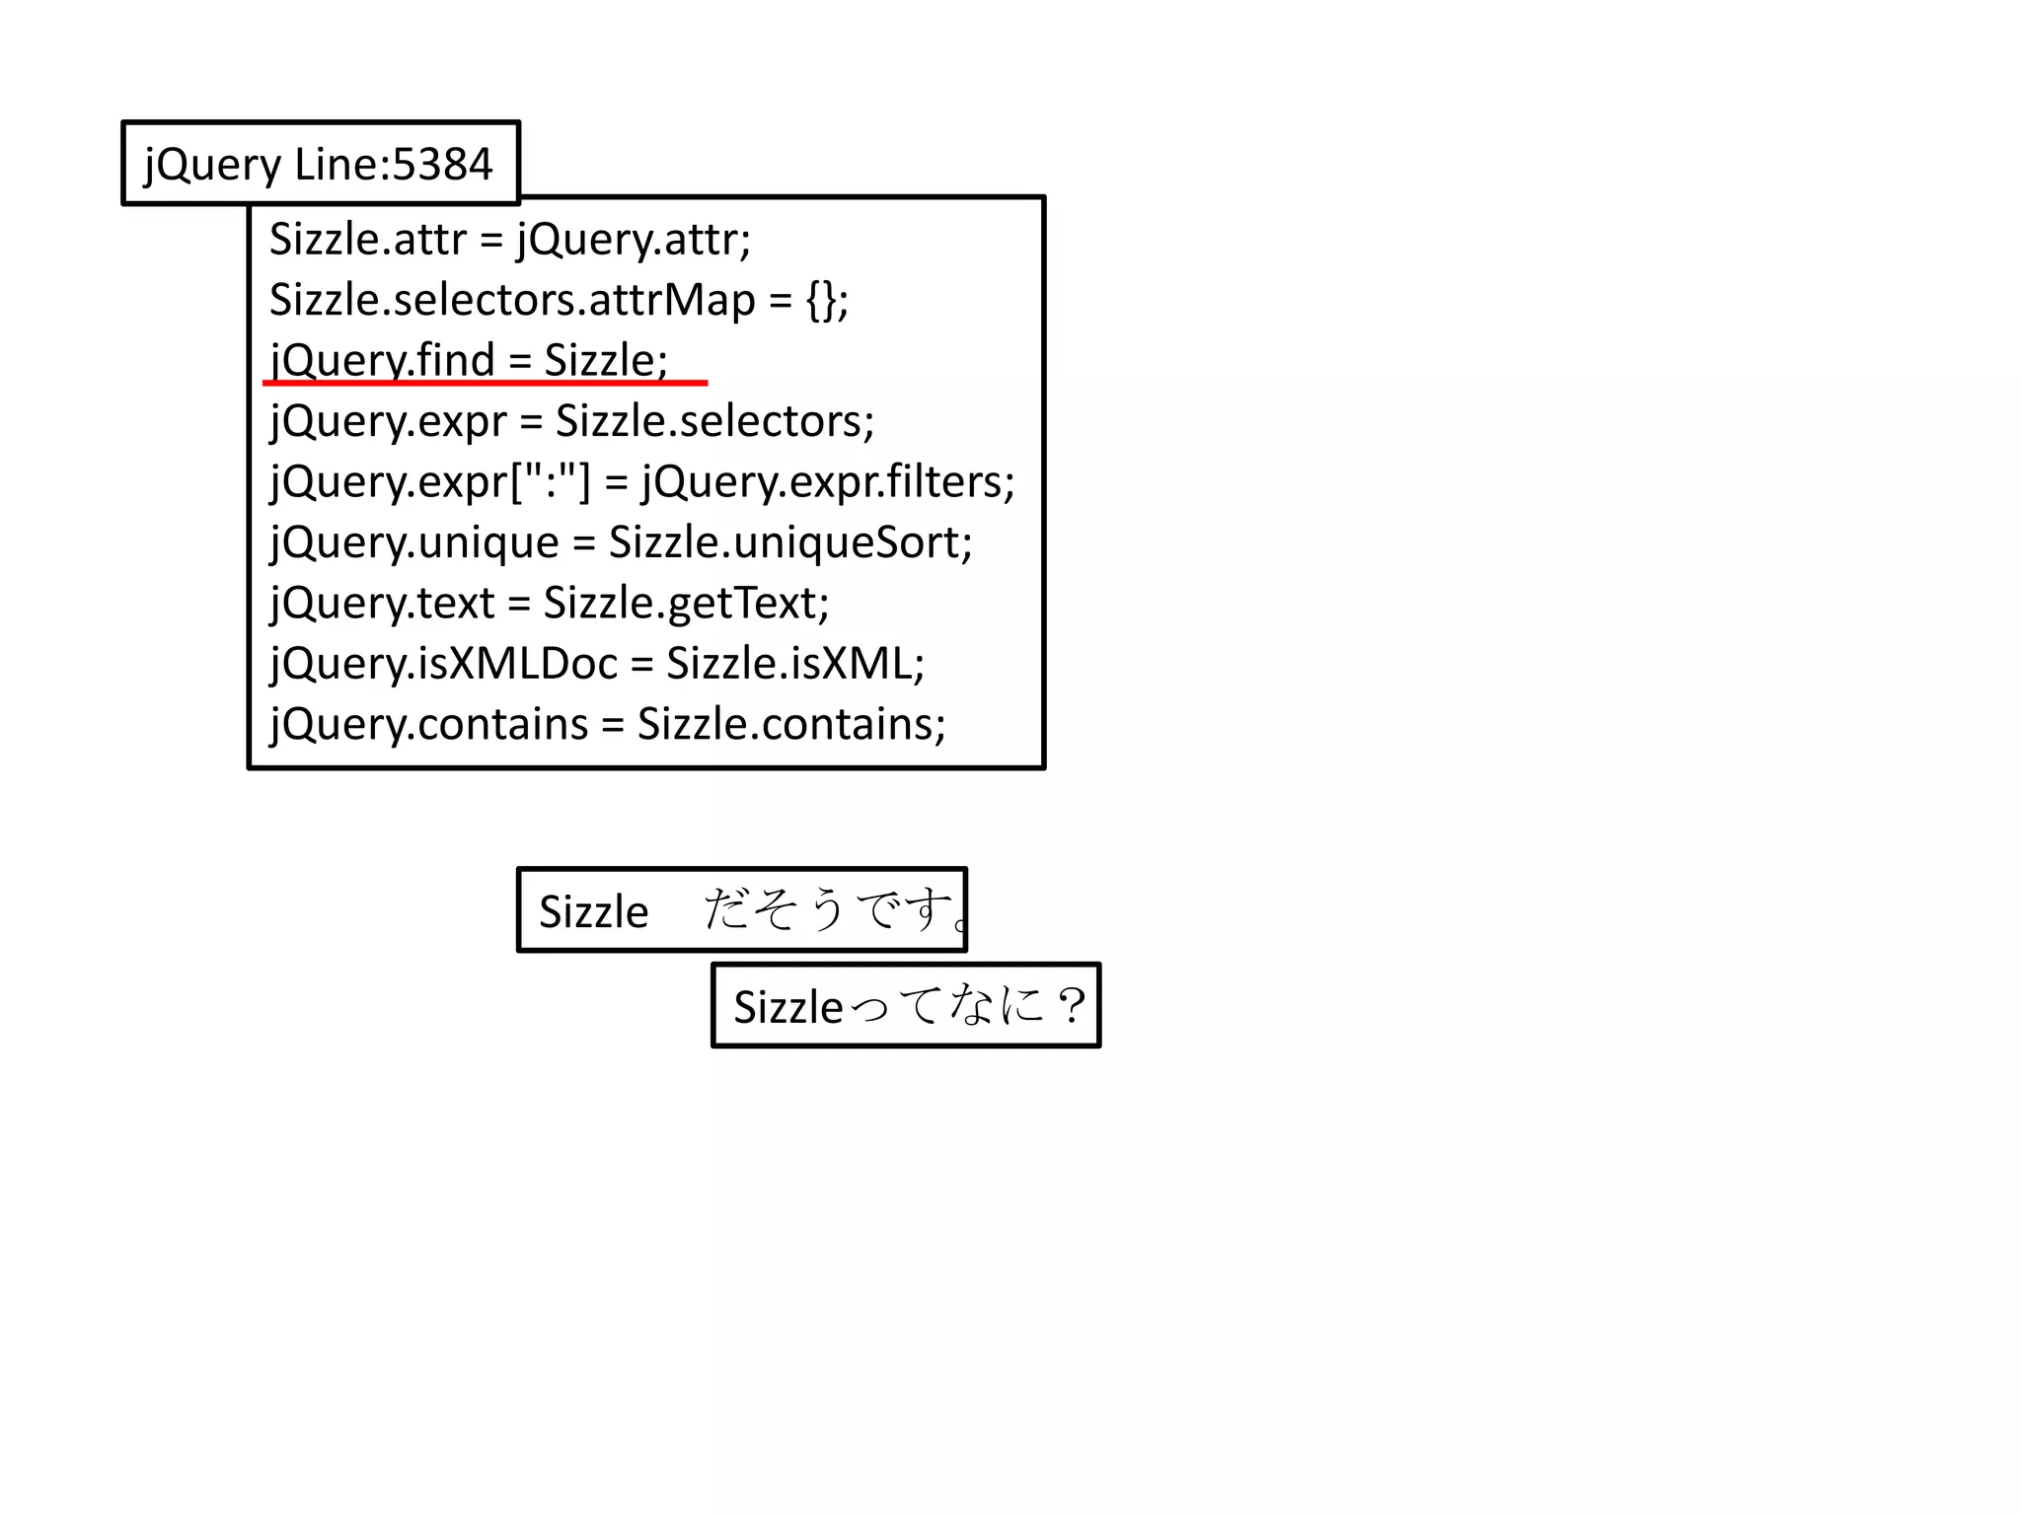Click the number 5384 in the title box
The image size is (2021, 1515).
pos(442,165)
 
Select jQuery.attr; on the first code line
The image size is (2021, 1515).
pos(634,240)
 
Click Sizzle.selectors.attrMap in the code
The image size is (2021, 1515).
pos(512,301)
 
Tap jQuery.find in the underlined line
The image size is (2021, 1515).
pos(383,360)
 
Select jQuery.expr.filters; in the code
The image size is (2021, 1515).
pos(828,482)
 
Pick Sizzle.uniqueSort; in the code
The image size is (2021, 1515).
pos(790,543)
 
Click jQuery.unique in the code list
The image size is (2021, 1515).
pos(414,543)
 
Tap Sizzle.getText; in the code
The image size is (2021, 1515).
pos(686,604)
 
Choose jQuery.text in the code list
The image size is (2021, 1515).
pos(383,604)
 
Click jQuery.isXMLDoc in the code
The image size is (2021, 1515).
pos(444,664)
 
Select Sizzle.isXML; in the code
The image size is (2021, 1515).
pos(795,664)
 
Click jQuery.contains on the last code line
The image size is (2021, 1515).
pos(429,725)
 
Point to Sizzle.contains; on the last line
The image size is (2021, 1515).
pos(791,725)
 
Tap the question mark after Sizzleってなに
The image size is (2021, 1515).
pos(1071,1006)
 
